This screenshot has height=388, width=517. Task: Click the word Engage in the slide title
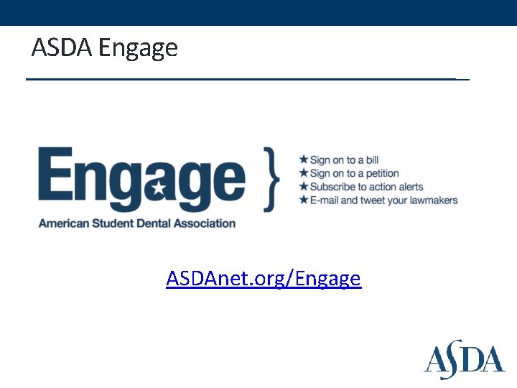138,49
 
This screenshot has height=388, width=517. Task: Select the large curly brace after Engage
271,179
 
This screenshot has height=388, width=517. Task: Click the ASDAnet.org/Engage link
264,277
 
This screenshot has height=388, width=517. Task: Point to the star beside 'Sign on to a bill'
304,160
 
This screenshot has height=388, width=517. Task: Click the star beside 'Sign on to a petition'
304,173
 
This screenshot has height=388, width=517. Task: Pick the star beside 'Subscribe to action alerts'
304,186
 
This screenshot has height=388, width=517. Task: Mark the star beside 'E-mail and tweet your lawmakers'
304,200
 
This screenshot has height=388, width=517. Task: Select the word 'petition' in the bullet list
381,173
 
